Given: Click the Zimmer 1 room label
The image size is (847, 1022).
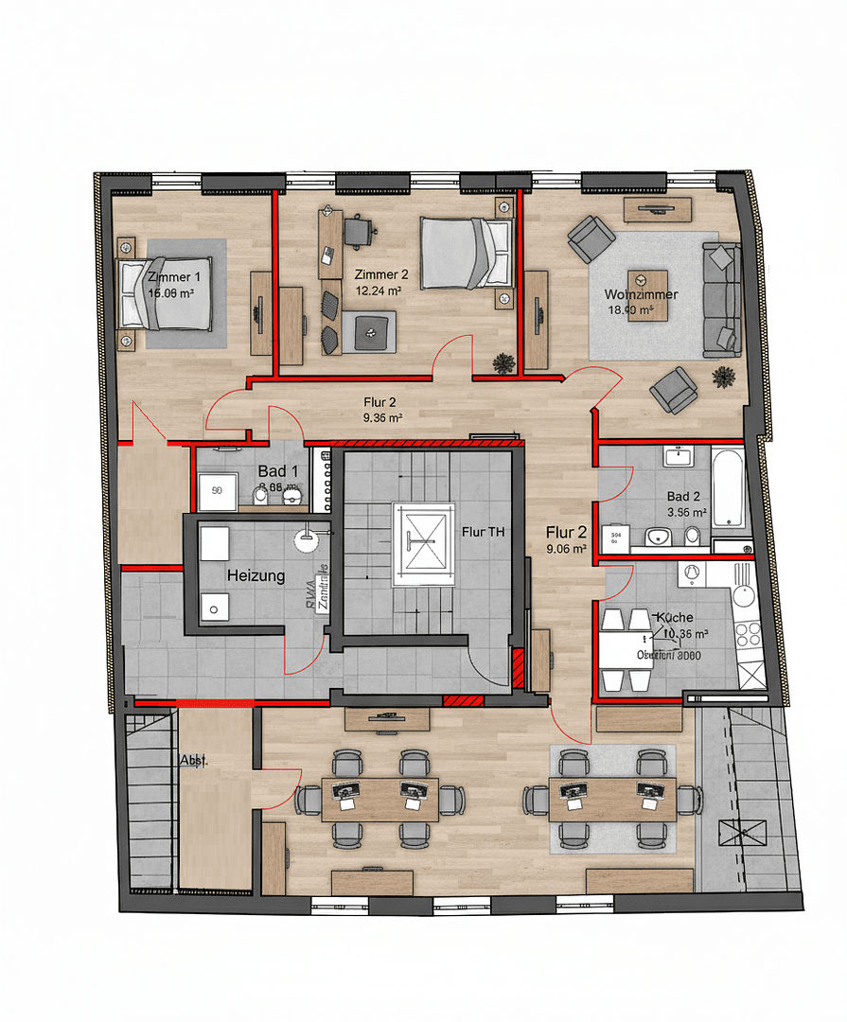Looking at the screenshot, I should (175, 276).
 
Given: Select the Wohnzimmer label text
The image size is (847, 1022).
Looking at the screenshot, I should (641, 294).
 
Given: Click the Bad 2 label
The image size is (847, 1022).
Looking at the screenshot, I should (683, 497).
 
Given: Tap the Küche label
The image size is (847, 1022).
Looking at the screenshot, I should (674, 617).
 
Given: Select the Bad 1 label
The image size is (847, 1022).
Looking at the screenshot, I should (277, 471).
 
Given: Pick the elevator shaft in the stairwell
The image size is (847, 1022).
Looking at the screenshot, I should (423, 538).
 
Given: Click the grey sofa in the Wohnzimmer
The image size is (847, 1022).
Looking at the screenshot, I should (722, 298).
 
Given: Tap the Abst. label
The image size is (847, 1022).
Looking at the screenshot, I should (194, 759).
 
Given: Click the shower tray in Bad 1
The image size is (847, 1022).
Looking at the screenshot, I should (217, 490).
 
